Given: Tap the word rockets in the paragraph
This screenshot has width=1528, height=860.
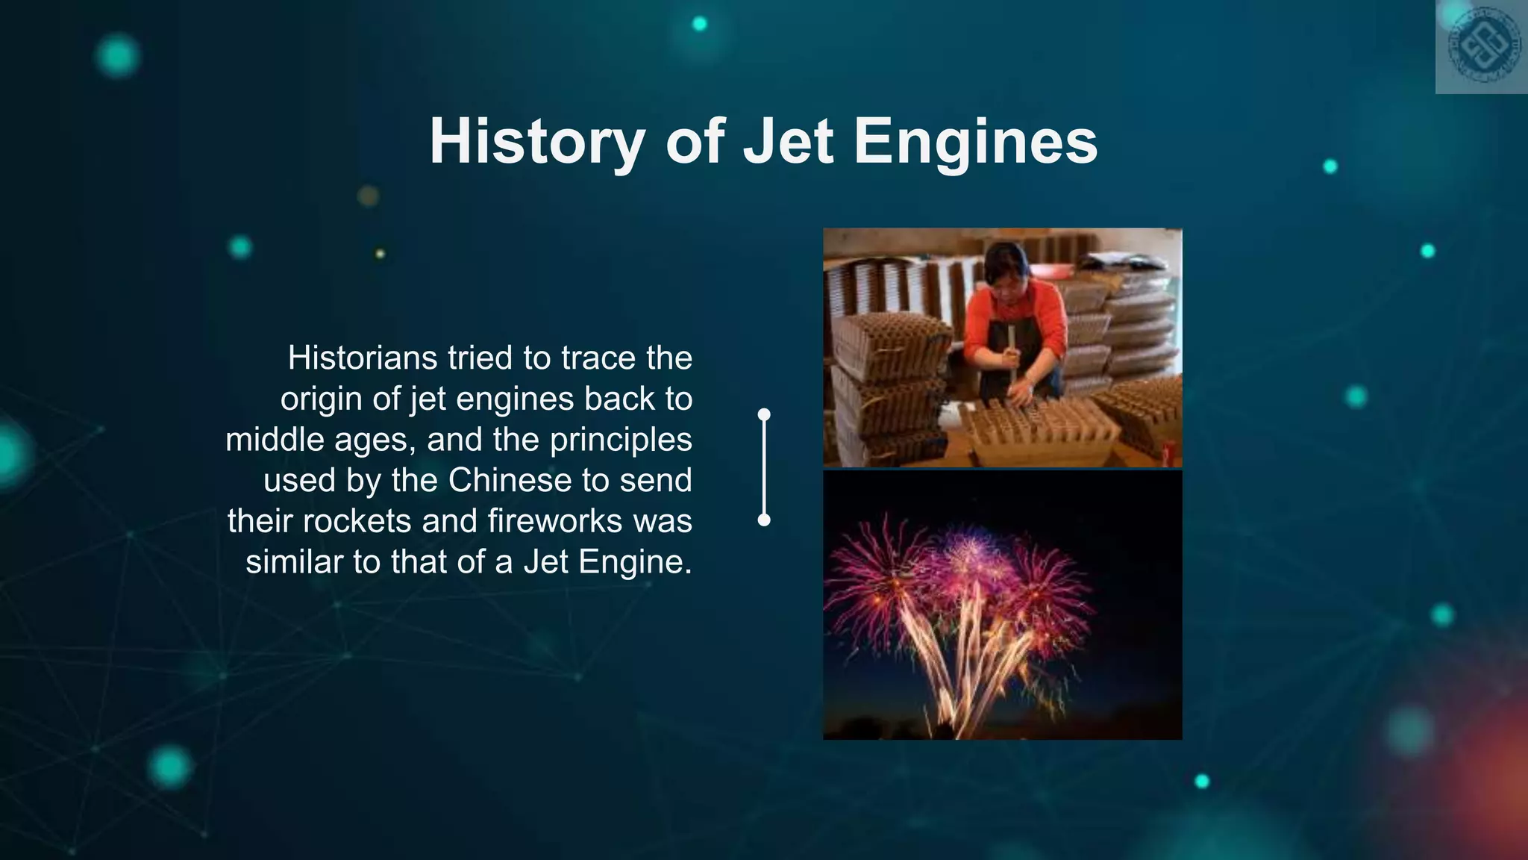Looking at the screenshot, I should pos(357,520).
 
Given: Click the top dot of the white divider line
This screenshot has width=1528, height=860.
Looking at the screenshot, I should pos(764,414).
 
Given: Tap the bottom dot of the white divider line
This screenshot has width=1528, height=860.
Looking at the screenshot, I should pos(764,520).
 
